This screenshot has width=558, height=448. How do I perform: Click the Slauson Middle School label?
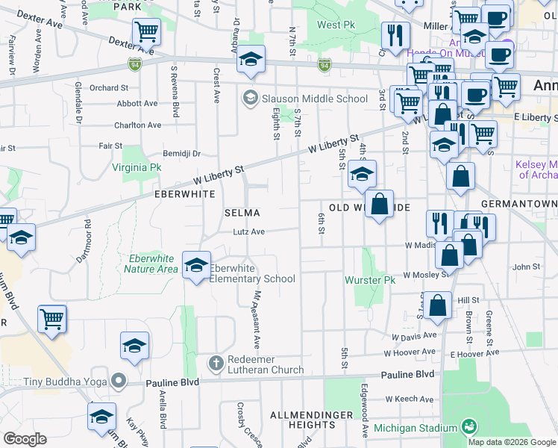(304, 99)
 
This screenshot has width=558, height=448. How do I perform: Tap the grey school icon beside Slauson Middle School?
(249, 98)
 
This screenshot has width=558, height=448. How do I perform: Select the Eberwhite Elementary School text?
(252, 273)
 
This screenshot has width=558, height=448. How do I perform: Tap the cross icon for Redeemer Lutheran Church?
(216, 364)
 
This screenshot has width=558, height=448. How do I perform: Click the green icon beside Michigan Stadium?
(468, 427)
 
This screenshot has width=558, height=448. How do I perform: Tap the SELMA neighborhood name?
(242, 213)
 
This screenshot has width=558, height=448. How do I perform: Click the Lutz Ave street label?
(249, 232)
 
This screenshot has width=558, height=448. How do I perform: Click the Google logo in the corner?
(25, 439)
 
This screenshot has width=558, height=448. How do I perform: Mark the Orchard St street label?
(110, 87)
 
